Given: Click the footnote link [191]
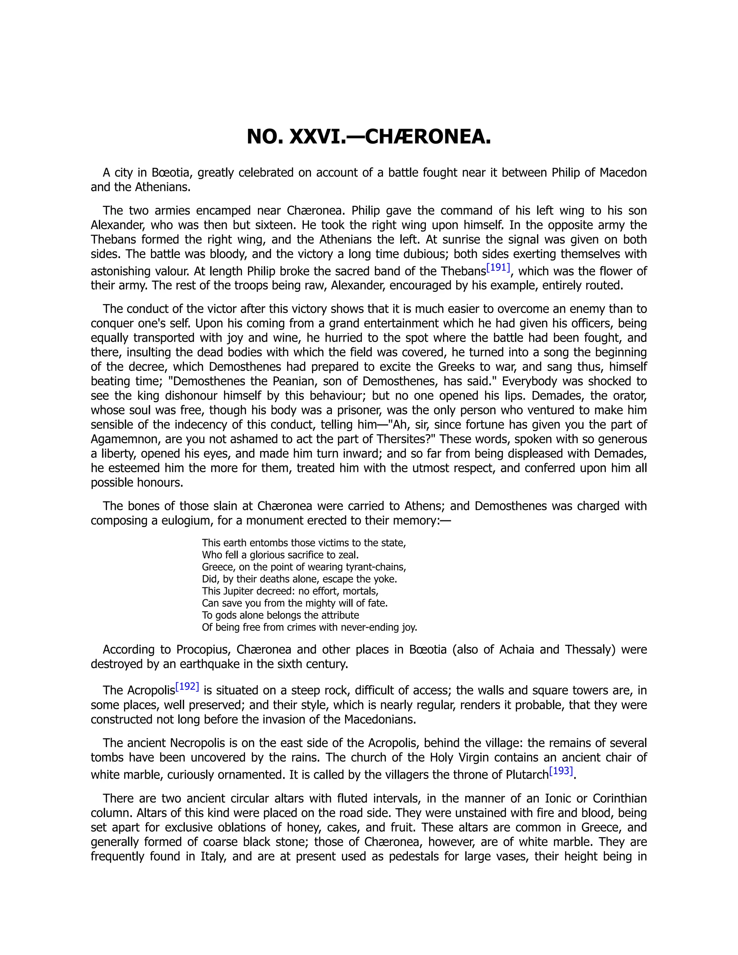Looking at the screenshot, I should [x=498, y=268].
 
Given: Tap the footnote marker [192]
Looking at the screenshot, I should [x=187, y=687].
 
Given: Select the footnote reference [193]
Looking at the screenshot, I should [x=561, y=771].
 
